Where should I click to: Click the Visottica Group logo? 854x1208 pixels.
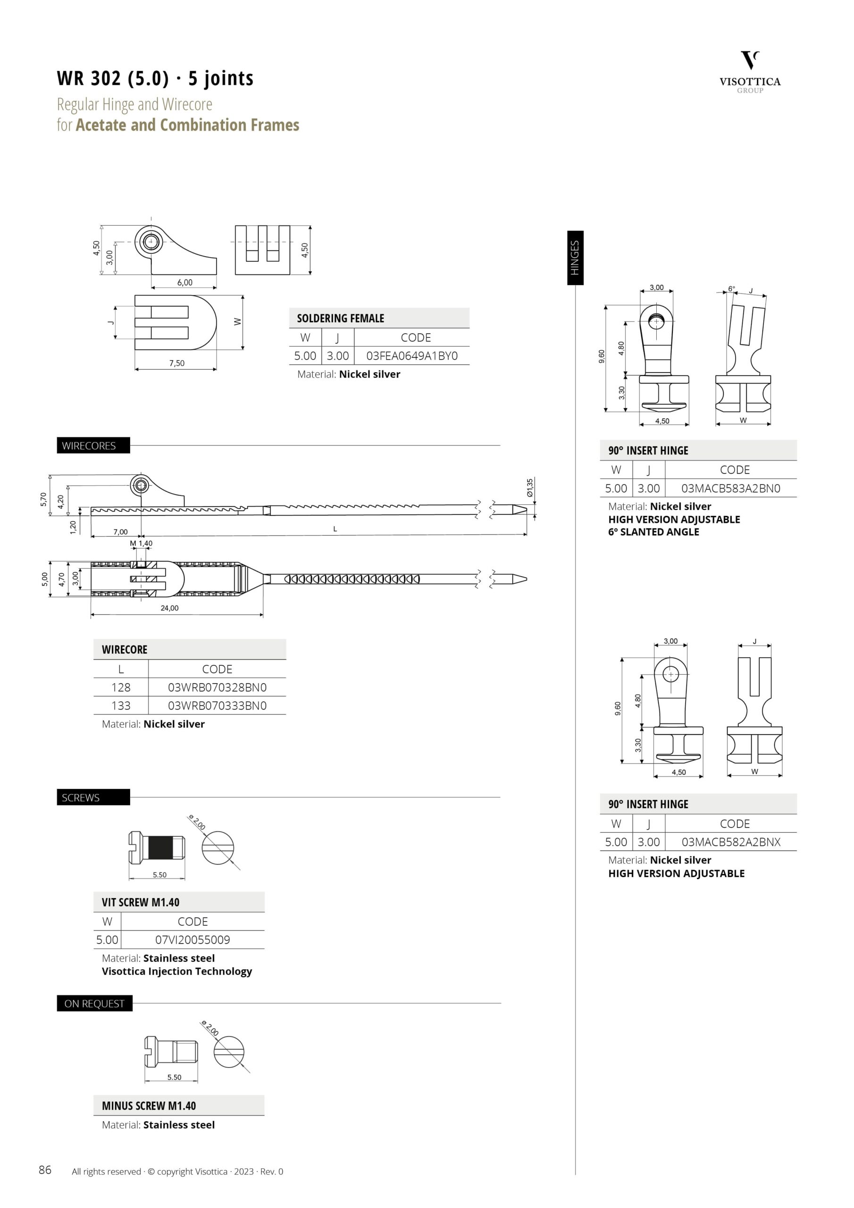click(x=750, y=72)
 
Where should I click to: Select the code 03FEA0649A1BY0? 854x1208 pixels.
click(x=412, y=356)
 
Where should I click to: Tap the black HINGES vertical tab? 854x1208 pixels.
click(x=575, y=258)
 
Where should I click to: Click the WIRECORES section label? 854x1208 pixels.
click(x=89, y=445)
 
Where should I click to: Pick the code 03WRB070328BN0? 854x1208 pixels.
click(x=218, y=687)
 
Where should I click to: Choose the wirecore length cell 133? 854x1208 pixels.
click(x=121, y=705)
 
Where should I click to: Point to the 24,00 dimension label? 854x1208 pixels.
click(x=169, y=608)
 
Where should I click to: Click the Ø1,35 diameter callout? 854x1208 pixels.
click(x=530, y=487)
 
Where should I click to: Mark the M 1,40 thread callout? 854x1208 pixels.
click(x=141, y=544)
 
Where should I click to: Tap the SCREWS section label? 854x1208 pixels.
click(x=81, y=797)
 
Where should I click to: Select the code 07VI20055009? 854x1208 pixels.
click(x=193, y=940)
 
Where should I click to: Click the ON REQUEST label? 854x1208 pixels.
click(x=95, y=1003)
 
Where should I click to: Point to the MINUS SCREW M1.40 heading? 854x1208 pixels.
click(x=149, y=1106)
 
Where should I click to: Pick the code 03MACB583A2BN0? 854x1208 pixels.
click(x=731, y=488)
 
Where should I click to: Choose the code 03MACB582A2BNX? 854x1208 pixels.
click(x=731, y=842)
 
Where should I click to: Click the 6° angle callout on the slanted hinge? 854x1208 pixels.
click(x=731, y=289)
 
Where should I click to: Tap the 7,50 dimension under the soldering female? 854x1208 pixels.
click(x=177, y=363)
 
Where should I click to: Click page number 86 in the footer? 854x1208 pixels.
click(x=45, y=1170)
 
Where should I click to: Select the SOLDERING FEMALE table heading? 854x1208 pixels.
click(x=341, y=319)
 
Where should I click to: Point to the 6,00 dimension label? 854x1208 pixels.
click(x=184, y=283)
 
